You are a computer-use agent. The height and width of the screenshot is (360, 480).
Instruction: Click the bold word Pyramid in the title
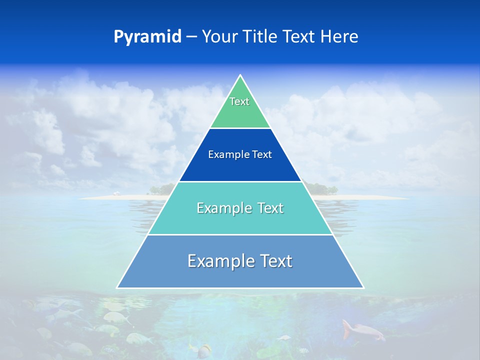[x=147, y=37]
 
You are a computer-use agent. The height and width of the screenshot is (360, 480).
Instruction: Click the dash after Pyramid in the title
[x=191, y=37]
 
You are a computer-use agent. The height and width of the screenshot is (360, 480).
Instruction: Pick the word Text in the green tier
[x=239, y=101]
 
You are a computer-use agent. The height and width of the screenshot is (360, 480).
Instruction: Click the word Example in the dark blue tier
[x=226, y=154]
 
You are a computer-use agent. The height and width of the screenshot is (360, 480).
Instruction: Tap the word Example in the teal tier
[x=222, y=208]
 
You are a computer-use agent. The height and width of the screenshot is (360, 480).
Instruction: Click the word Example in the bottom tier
[x=219, y=261]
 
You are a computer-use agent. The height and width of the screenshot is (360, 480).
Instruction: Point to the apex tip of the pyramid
[x=240, y=75]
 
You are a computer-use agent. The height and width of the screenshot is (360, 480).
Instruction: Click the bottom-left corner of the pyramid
[x=117, y=287]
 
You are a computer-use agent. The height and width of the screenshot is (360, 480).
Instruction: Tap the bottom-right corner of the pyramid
[x=363, y=287]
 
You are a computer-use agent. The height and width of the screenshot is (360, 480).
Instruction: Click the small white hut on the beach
[x=116, y=193]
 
